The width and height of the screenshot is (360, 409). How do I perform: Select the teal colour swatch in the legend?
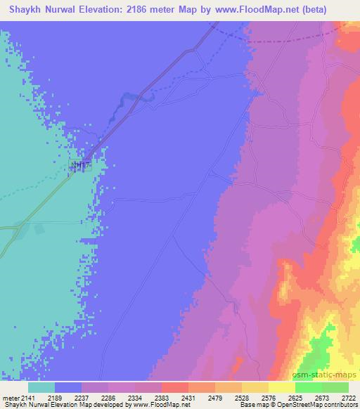[x=41, y=387]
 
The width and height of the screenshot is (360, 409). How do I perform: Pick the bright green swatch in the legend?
[x=308, y=387]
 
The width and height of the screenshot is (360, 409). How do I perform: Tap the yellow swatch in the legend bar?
[x=281, y=387]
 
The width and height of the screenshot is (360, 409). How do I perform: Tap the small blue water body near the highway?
[x=134, y=100]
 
